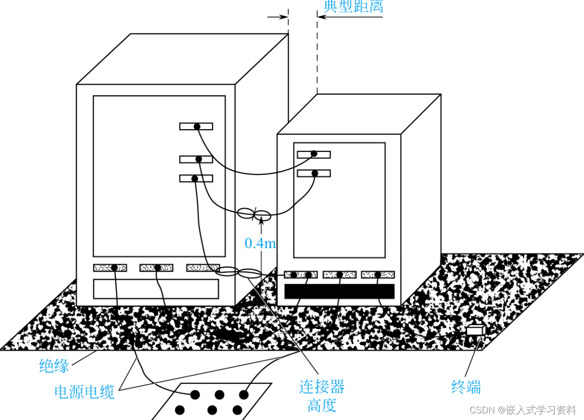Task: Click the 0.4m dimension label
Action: [260, 244]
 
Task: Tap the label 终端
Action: [466, 387]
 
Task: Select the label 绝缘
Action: [54, 366]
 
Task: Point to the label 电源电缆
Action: [85, 392]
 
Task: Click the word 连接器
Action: [321, 387]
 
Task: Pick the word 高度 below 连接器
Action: [321, 405]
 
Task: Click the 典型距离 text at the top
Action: [353, 6]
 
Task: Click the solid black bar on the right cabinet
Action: [339, 291]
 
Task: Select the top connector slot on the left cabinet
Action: [196, 126]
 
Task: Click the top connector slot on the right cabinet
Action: [313, 154]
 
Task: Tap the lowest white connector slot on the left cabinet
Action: [196, 178]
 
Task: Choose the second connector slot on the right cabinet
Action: [313, 173]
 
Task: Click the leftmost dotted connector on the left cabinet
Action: [110, 268]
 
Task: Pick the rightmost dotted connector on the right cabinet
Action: [378, 275]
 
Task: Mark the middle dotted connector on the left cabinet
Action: [156, 268]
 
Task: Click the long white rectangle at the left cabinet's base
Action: [156, 289]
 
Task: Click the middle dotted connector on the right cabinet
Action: [340, 275]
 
